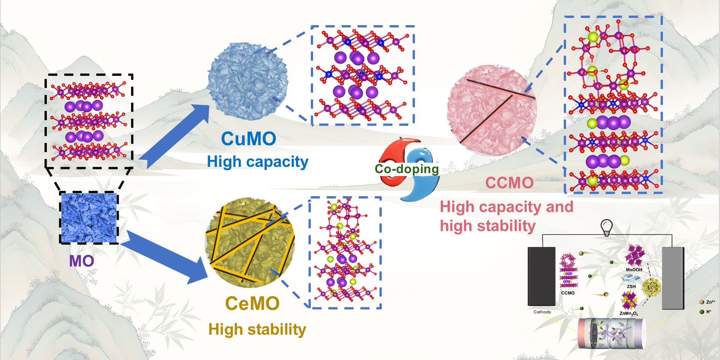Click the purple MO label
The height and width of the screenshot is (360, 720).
(82, 261)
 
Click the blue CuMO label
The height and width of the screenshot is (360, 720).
(248, 139)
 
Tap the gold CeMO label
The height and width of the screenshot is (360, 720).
(252, 304)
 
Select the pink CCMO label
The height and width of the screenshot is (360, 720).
(509, 183)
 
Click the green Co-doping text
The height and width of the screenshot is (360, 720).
(406, 169)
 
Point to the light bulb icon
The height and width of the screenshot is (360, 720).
(606, 228)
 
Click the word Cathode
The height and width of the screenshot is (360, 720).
(542, 312)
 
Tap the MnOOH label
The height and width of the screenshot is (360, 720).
(634, 270)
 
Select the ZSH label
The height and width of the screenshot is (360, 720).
(631, 286)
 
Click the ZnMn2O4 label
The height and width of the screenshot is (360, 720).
(629, 314)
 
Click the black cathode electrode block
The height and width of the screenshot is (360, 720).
(541, 276)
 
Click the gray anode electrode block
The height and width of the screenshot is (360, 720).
(673, 278)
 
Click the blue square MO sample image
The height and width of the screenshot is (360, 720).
(89, 218)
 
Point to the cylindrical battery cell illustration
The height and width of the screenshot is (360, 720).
(611, 333)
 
